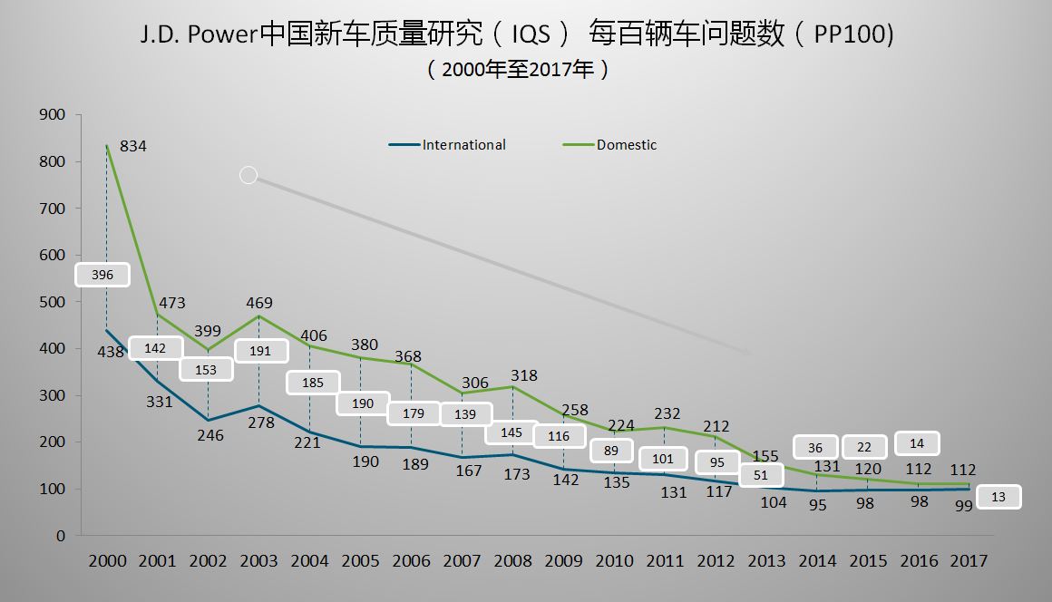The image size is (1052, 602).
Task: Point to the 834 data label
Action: click(x=133, y=146)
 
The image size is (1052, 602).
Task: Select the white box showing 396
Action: click(x=102, y=275)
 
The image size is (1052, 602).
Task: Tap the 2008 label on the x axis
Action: click(x=512, y=561)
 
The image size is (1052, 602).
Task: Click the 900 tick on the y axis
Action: click(x=53, y=115)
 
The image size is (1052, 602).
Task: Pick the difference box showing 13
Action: click(x=998, y=497)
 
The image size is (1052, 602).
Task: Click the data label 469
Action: click(x=258, y=303)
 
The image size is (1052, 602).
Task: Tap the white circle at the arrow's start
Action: click(x=248, y=175)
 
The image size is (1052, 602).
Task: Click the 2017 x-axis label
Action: click(x=968, y=561)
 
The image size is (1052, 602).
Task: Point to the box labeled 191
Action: click(x=260, y=351)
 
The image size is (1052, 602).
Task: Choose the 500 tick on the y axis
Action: click(x=53, y=302)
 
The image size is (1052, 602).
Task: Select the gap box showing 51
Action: click(x=760, y=475)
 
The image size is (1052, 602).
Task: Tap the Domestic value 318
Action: click(x=523, y=375)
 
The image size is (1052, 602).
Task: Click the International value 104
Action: click(x=774, y=502)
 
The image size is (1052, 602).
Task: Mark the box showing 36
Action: click(x=814, y=447)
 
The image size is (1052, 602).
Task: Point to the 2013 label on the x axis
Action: click(x=766, y=561)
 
